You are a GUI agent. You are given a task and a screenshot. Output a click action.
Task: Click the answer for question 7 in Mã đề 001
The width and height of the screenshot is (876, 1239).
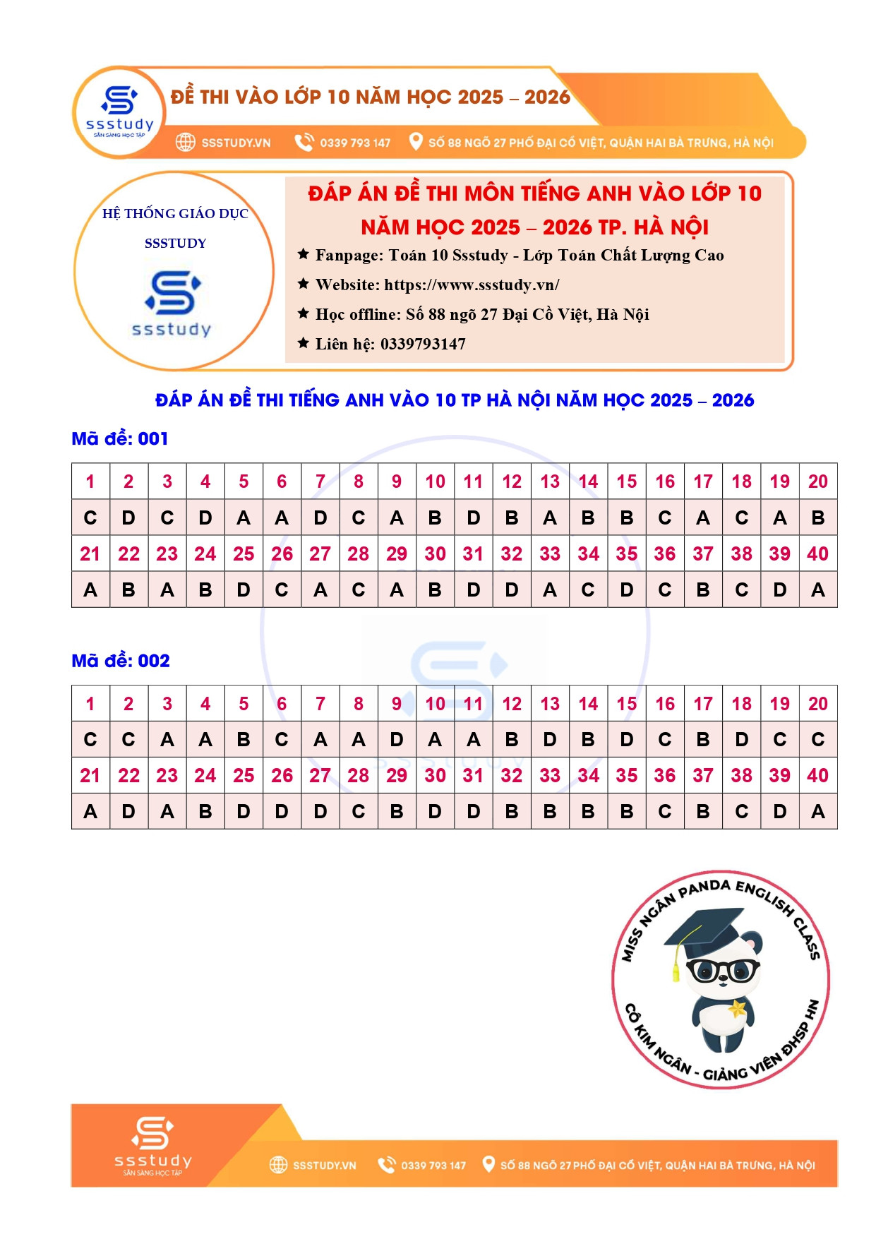click(320, 518)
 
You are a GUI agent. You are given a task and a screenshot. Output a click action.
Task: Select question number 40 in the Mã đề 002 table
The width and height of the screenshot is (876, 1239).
click(817, 775)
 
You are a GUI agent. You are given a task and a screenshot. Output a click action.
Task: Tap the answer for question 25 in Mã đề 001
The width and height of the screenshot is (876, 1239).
click(244, 590)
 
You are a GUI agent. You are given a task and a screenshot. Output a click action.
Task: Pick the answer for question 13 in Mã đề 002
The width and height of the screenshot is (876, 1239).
click(550, 740)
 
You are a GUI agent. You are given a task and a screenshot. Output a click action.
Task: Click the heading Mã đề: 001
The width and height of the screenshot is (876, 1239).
click(120, 438)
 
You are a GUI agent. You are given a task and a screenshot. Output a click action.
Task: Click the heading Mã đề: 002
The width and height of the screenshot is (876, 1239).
click(121, 661)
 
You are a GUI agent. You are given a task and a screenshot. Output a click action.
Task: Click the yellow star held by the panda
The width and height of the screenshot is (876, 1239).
click(737, 1008)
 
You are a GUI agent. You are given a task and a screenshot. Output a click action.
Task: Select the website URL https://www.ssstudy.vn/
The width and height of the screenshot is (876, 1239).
click(472, 285)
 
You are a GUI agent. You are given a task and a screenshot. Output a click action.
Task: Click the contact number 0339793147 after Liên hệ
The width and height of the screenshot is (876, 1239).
click(423, 345)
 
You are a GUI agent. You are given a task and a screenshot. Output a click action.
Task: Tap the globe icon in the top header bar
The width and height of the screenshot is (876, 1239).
click(185, 142)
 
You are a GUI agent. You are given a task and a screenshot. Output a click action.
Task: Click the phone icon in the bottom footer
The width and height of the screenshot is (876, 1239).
click(386, 1164)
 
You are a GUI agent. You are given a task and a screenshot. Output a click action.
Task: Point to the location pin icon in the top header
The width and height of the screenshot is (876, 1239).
click(416, 141)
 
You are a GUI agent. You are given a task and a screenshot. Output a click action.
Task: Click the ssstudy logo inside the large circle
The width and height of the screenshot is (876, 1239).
click(172, 302)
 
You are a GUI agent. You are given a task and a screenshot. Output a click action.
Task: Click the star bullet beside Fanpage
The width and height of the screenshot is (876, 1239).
click(304, 254)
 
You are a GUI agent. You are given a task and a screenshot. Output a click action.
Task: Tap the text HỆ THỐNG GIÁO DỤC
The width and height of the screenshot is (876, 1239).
click(175, 214)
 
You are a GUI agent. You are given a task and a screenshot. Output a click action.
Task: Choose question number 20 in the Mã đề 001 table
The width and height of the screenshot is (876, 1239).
click(817, 482)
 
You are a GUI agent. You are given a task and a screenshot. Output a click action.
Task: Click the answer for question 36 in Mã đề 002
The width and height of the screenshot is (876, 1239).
click(664, 812)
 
